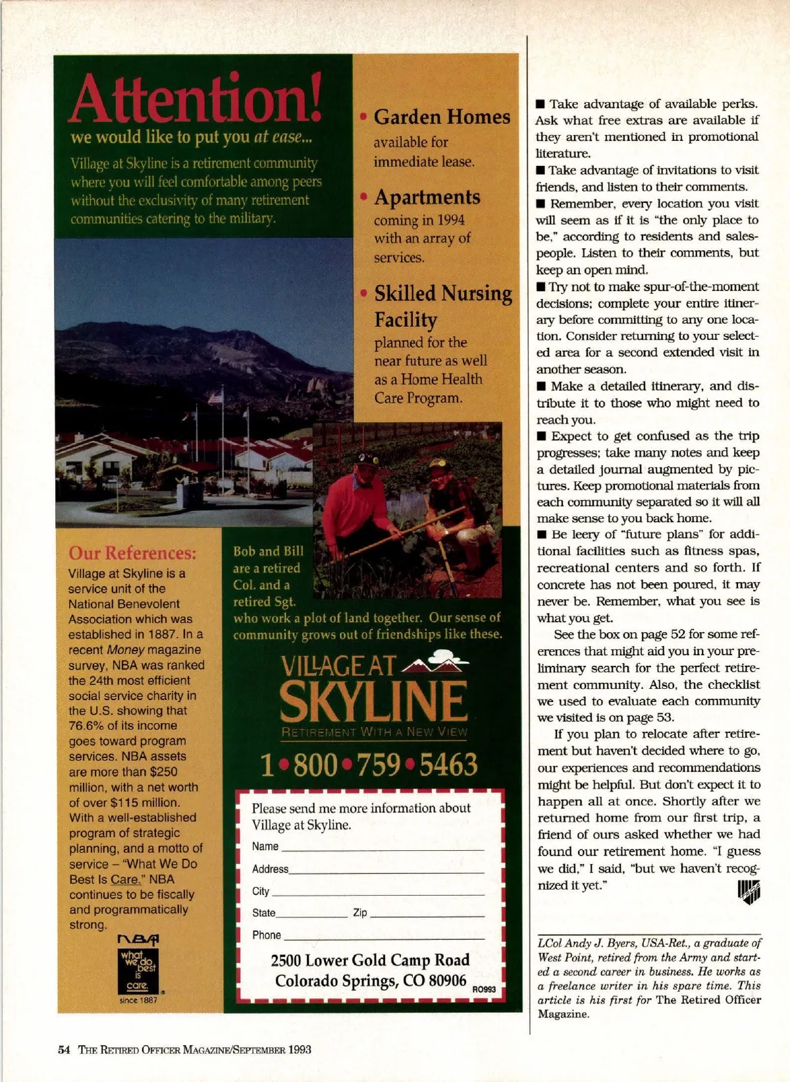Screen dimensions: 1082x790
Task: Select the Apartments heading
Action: (x=427, y=197)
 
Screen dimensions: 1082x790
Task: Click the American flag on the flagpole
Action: (x=215, y=397)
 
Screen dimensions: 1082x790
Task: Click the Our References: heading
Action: (x=132, y=553)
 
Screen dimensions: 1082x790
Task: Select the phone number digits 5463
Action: (x=448, y=765)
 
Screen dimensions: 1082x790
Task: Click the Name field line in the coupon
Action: (x=382, y=850)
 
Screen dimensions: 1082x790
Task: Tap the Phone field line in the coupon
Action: (x=384, y=938)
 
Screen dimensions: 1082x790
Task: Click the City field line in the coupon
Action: (x=378, y=894)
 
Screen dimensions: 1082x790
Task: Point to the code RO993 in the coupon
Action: (x=484, y=989)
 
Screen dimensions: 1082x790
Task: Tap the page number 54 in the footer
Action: (x=64, y=1050)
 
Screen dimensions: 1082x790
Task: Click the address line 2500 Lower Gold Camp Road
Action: (x=370, y=960)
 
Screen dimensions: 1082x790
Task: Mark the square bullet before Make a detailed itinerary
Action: (x=541, y=386)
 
